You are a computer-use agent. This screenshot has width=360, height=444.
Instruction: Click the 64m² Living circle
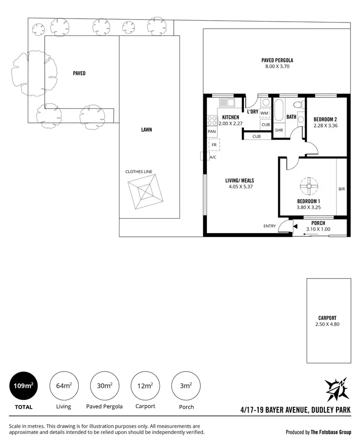tap(64, 386)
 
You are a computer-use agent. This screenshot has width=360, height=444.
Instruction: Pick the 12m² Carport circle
tap(145, 386)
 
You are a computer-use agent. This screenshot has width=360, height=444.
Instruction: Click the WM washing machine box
tap(264, 113)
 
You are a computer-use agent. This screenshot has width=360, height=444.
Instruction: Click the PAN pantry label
tap(212, 131)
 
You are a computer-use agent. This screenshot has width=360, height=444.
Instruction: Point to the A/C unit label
tap(213, 157)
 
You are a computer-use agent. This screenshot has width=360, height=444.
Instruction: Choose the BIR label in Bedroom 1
tap(341, 189)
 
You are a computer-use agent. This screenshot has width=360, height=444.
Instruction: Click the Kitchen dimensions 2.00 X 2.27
tap(230, 123)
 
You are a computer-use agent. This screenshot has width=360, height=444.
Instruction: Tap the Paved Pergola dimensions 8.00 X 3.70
tap(277, 67)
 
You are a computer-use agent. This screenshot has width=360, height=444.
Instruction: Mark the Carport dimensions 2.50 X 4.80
tap(327, 324)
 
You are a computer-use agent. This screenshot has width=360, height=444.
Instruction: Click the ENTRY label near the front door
tap(270, 226)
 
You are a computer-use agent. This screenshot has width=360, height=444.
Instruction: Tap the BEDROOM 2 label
tap(325, 119)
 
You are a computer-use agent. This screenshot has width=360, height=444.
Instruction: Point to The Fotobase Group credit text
tap(331, 432)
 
